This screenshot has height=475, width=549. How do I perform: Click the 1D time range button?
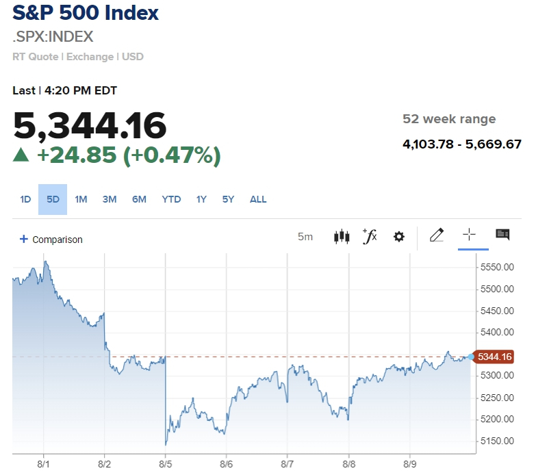25,199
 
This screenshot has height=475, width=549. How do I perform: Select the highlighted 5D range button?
53,199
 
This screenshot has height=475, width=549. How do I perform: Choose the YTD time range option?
171,199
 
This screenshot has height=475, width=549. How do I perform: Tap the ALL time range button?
258,199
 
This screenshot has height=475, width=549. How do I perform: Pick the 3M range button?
110,199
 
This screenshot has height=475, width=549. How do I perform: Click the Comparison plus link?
51,240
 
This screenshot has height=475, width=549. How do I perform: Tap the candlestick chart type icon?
342,237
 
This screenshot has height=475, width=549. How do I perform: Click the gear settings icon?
398,237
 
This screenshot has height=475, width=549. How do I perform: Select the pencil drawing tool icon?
436,235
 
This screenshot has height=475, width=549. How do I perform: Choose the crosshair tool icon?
469,235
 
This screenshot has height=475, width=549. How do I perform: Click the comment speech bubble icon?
502,235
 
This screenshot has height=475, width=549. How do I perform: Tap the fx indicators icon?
370,236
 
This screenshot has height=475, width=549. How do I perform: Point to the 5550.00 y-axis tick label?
497,267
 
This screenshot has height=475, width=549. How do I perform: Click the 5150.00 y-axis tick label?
497,441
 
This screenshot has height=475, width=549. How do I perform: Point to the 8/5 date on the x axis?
165,464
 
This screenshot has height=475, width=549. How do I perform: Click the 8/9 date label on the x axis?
410,464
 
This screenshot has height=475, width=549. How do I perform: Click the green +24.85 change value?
76,155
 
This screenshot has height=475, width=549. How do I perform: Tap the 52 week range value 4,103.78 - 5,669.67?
462,144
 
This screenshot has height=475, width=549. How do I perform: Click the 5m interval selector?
305,237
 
